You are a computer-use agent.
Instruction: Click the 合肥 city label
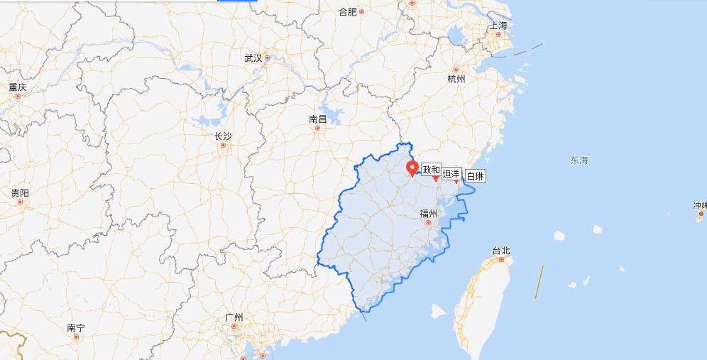[x=347, y=11]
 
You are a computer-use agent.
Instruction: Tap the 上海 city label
[x=498, y=26]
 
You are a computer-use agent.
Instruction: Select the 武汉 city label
[x=253, y=58]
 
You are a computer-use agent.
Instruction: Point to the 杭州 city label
[x=456, y=79]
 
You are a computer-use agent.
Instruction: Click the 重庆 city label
[x=18, y=87]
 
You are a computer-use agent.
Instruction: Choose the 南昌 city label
[x=317, y=119]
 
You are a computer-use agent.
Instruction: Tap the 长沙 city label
[x=222, y=136]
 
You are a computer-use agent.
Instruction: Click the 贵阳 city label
[x=20, y=193]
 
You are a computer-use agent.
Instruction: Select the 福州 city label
[x=428, y=214]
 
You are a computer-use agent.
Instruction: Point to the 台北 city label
[x=501, y=251]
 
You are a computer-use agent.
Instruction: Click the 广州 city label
[x=234, y=317]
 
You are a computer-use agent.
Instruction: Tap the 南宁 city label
[x=76, y=328]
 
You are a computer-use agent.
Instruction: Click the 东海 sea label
[x=579, y=160]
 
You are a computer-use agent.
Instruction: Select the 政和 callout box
[x=431, y=170]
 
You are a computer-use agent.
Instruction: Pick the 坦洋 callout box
[x=451, y=174]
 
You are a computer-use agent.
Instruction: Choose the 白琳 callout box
[x=475, y=175]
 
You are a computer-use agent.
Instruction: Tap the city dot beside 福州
[x=428, y=223]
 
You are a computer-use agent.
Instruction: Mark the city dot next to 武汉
[x=268, y=58]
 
